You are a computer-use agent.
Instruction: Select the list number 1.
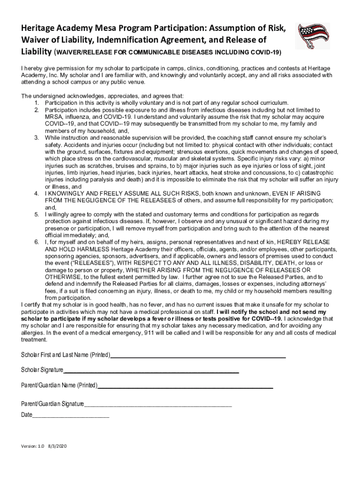(x=36, y=103)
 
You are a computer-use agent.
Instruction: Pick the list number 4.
(x=36, y=194)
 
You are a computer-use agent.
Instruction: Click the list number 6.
(x=36, y=242)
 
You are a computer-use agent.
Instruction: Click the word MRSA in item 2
(x=54, y=117)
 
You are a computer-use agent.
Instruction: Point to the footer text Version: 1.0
(x=32, y=446)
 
